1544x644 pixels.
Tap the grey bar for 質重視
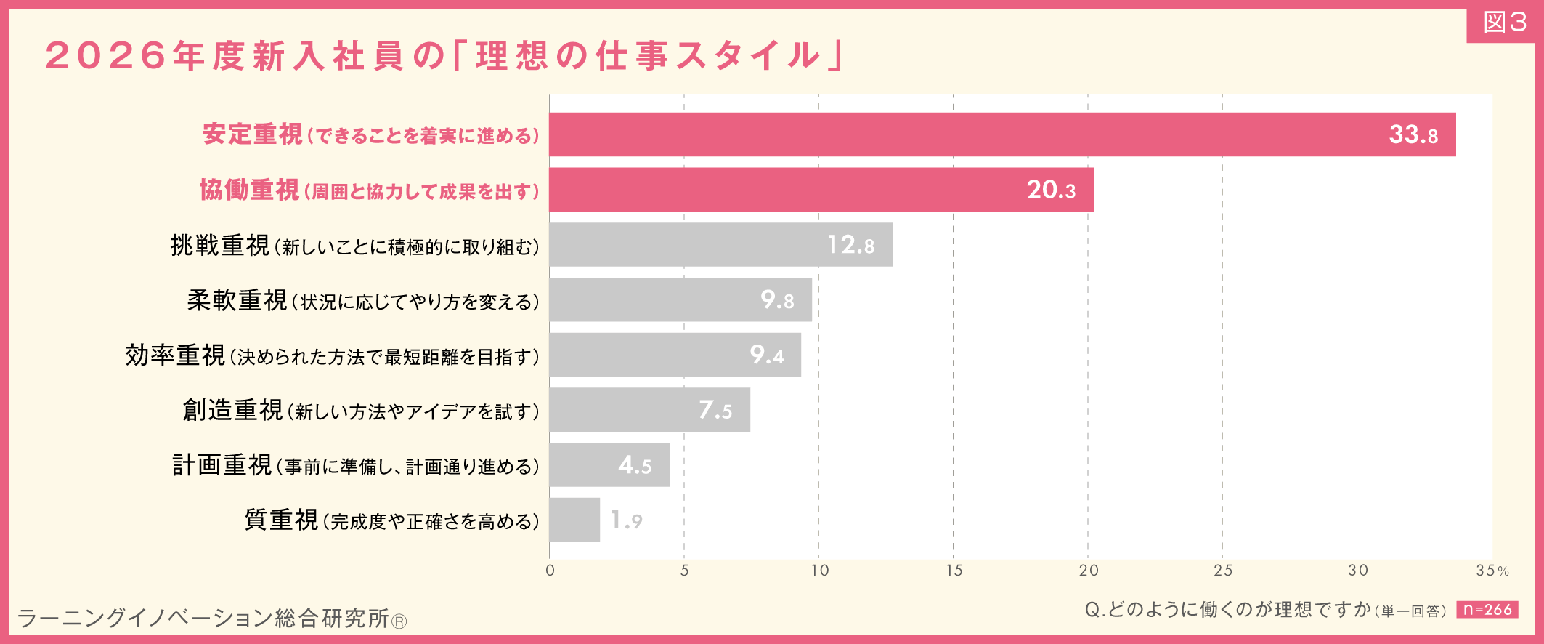(x=574, y=520)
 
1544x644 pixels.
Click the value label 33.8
(x=1413, y=135)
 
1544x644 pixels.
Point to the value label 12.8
(x=850, y=245)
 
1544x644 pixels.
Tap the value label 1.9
(x=626, y=520)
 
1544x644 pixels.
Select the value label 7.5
(x=715, y=410)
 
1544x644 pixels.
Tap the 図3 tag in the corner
(x=1504, y=23)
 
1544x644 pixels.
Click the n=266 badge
(x=1487, y=610)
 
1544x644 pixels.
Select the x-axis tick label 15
(x=954, y=571)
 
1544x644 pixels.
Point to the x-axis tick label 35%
(x=1492, y=571)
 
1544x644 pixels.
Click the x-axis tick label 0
(x=550, y=571)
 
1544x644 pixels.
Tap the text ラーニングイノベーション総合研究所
(x=203, y=619)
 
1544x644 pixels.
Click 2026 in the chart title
(x=107, y=56)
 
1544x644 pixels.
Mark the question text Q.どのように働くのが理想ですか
(x=1227, y=610)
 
